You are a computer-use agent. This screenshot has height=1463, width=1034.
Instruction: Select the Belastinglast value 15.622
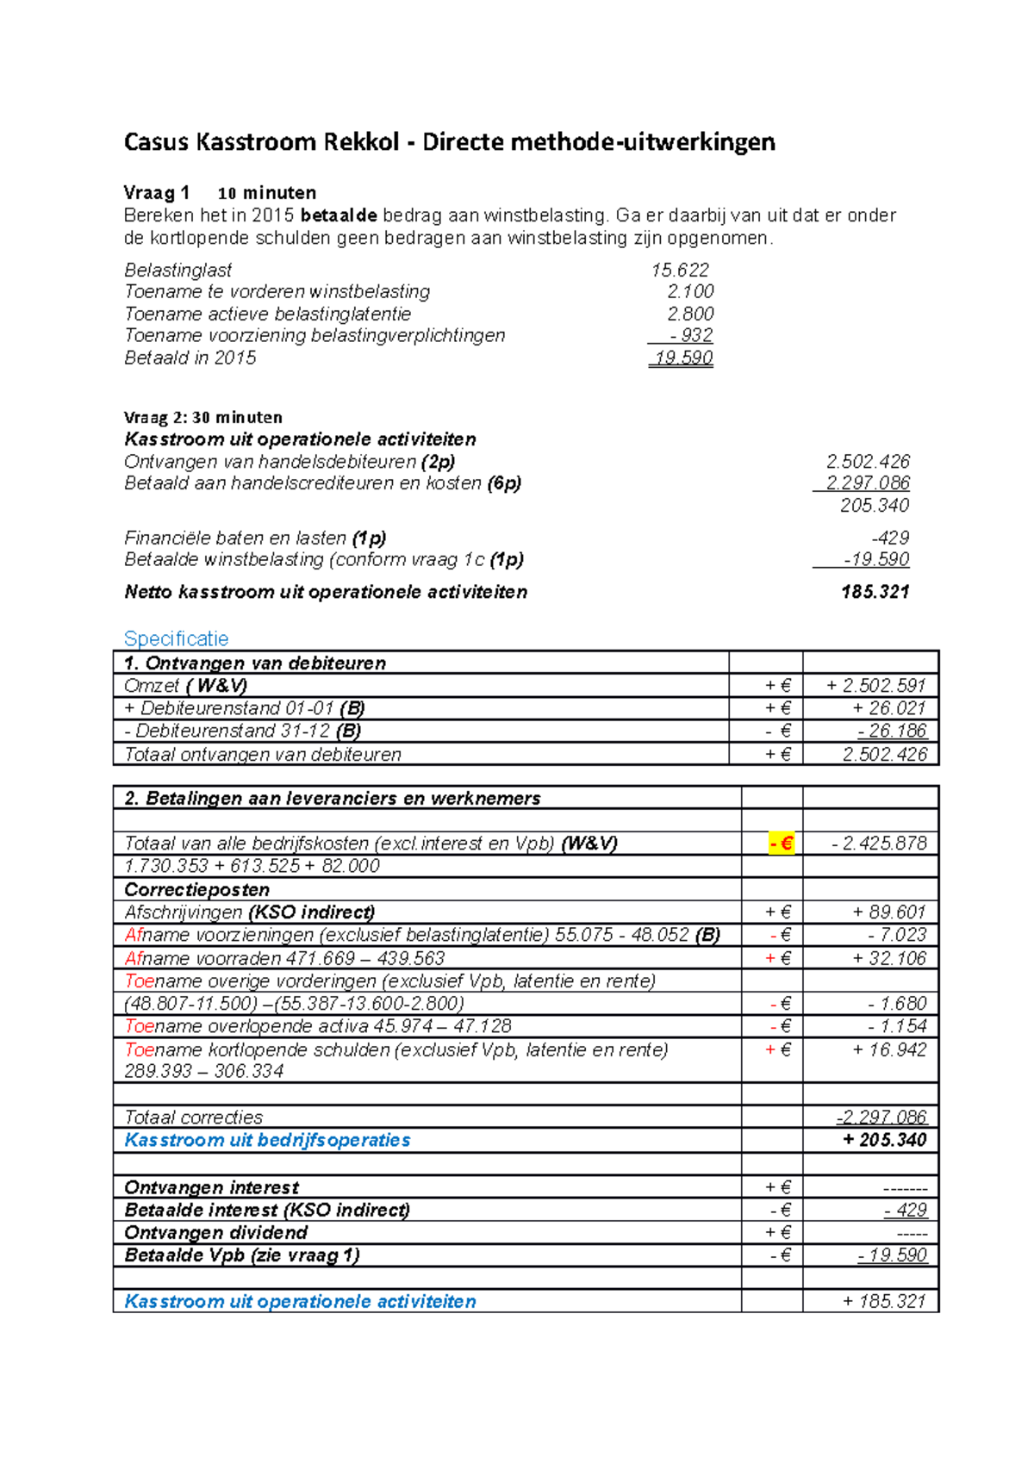tap(680, 270)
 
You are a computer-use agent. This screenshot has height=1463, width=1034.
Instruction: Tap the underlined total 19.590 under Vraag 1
tap(682, 358)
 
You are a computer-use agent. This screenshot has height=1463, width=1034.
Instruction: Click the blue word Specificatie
tap(177, 638)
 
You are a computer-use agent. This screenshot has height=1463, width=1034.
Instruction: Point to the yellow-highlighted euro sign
tap(782, 844)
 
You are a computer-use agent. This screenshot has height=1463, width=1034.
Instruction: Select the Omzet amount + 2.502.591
tap(875, 686)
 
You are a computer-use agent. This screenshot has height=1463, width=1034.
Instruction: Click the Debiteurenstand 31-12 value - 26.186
tap(892, 731)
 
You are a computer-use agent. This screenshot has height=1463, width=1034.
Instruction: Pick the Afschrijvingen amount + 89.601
tap(889, 912)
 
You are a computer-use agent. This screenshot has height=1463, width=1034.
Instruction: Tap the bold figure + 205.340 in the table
tap(884, 1140)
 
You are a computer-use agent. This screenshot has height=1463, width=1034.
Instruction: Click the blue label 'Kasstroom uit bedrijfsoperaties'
tap(267, 1140)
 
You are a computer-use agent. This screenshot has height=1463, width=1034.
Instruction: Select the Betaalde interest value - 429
tap(905, 1211)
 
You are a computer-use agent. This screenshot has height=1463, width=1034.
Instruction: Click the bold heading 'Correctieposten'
tap(196, 889)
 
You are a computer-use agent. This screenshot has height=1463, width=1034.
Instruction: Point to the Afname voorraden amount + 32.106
tap(889, 958)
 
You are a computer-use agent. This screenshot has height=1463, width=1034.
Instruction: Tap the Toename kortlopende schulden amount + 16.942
tap(889, 1049)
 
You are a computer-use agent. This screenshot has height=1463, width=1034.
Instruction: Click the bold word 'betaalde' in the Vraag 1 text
tap(339, 215)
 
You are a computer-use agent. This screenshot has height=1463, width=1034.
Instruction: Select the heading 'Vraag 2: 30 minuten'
tap(203, 417)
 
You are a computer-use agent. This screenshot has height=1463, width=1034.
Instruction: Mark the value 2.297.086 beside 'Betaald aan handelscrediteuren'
tap(867, 483)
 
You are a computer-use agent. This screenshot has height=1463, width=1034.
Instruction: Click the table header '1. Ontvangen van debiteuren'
tap(255, 663)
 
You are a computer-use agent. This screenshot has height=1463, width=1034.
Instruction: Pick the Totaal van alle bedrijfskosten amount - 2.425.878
tap(879, 844)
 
